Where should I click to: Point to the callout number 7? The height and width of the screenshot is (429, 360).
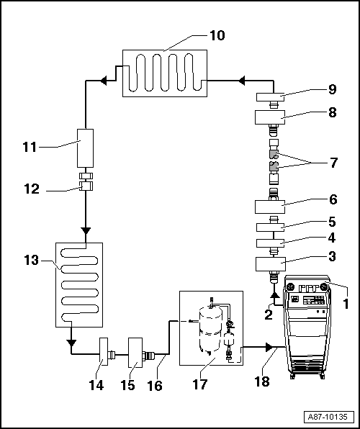[x=333, y=163]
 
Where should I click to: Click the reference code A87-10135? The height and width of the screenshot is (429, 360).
[x=328, y=417]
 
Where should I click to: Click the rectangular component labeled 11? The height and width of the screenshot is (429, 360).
[x=86, y=147]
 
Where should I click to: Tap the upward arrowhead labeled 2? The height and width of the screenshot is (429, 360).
[x=274, y=294]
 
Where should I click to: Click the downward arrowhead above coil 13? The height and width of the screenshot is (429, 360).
[x=86, y=230]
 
